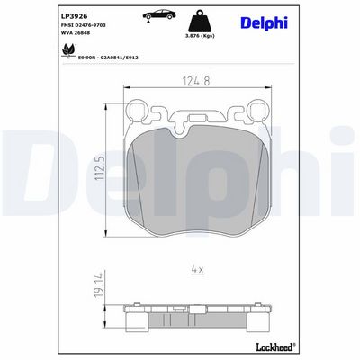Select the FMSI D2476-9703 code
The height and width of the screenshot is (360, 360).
[83, 25]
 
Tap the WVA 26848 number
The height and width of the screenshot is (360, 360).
[76, 33]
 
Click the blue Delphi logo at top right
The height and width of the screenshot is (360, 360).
[264, 22]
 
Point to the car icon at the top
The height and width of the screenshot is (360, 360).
[158, 15]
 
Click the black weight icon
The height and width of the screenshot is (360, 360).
[200, 21]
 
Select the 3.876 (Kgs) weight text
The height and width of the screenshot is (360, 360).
[200, 36]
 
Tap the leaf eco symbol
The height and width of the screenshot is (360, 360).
[68, 49]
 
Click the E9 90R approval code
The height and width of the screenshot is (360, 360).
[108, 58]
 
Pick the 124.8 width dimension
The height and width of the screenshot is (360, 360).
[196, 81]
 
